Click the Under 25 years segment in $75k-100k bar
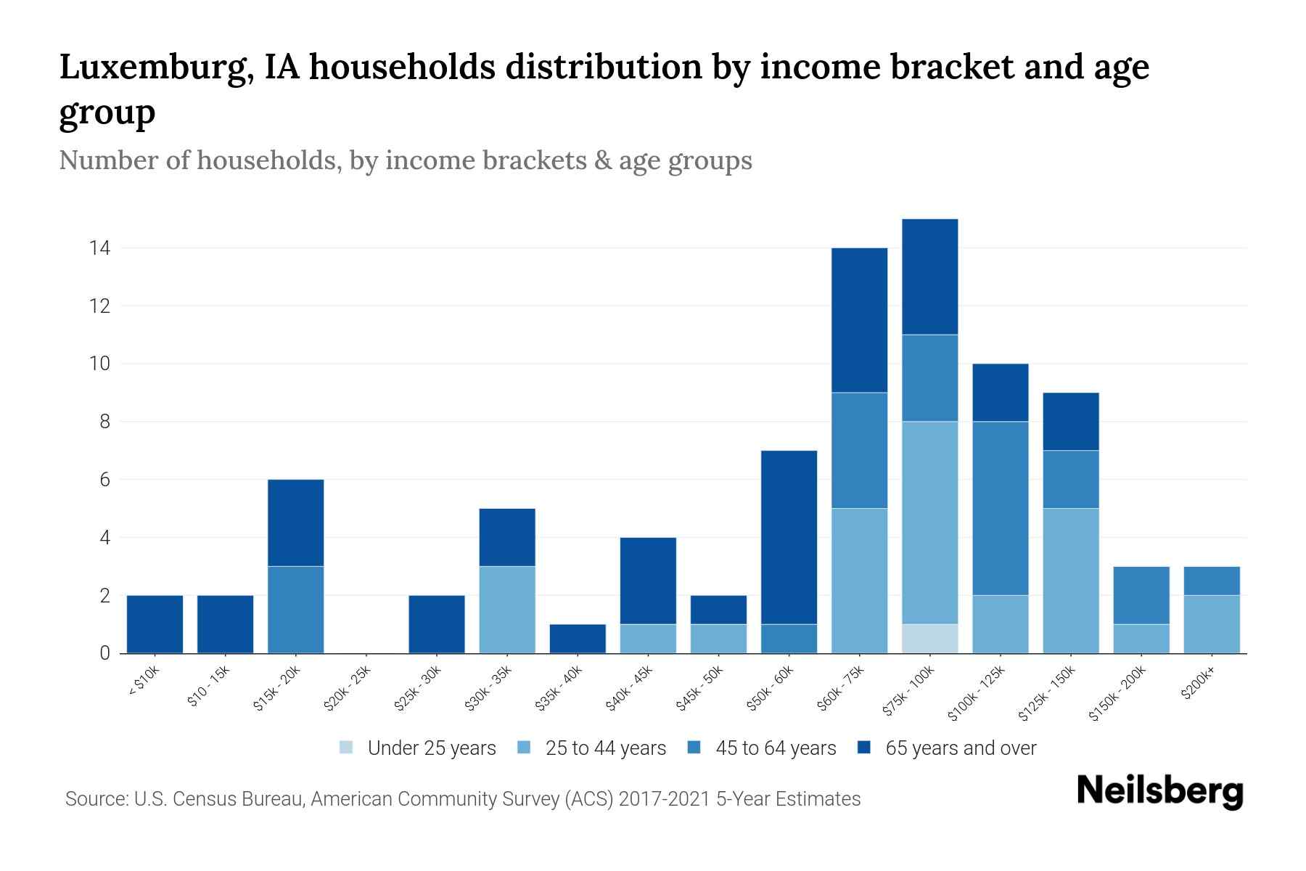(929, 639)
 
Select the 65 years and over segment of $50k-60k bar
(789, 537)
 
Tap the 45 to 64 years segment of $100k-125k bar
(1000, 508)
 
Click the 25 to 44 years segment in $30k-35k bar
(507, 610)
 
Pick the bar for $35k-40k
(578, 639)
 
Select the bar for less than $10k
(155, 624)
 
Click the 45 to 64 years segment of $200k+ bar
(1211, 581)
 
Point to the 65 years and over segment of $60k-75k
(859, 320)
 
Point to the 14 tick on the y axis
(99, 248)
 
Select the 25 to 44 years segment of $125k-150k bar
(1070, 581)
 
